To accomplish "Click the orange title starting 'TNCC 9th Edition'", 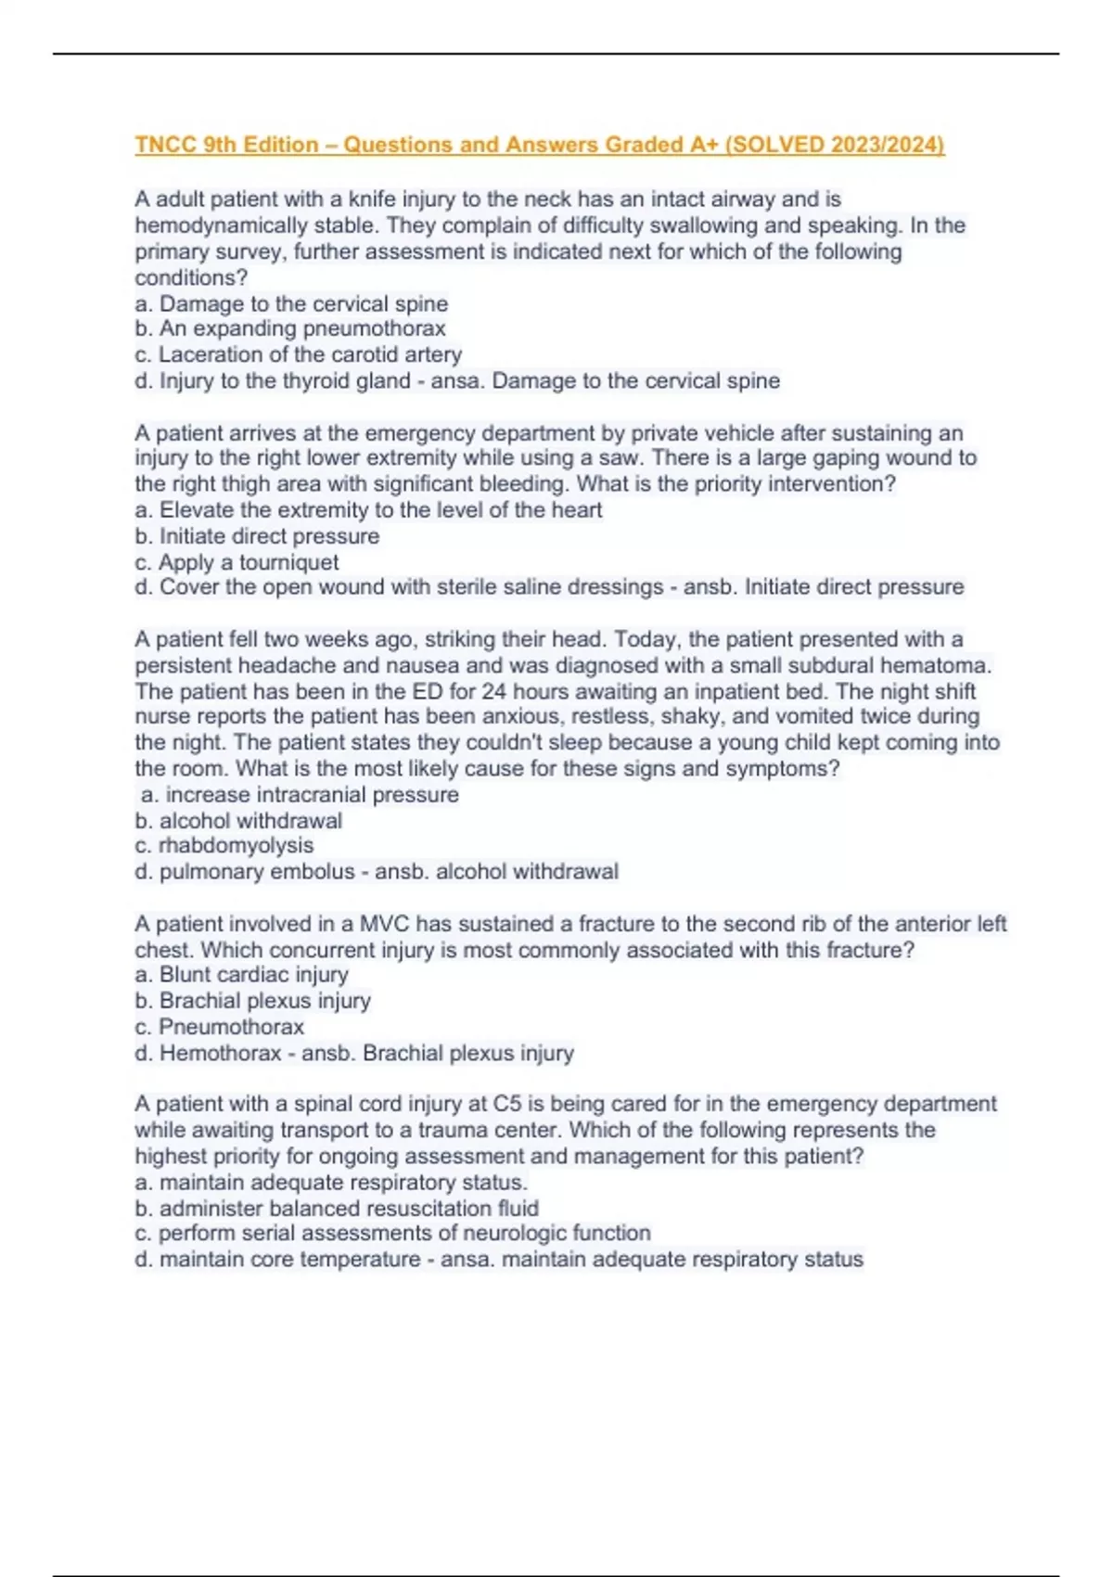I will coord(539,145).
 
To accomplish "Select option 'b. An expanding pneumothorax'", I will coord(290,328).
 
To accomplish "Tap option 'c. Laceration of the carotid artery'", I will coord(298,354).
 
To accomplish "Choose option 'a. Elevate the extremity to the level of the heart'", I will coord(368,510).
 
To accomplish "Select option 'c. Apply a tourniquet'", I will coord(237,562).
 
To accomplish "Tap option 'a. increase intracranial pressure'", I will coord(300,795).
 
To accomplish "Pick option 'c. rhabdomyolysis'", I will coord(224,846).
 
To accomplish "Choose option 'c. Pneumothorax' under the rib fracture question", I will coord(220,1027).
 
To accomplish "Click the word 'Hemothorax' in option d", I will coord(220,1054).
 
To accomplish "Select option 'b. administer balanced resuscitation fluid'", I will coord(337,1209).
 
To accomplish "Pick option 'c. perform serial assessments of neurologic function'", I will coord(392,1234).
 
